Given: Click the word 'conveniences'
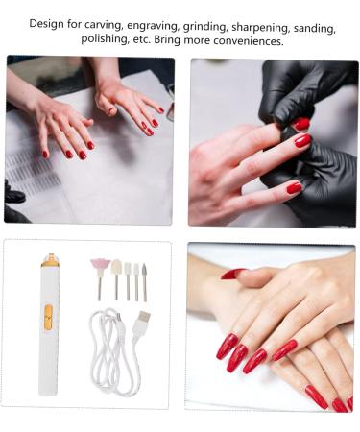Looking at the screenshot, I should (244, 42).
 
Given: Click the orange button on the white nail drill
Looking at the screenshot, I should (48, 312).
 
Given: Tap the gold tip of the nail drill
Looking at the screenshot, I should (49, 260).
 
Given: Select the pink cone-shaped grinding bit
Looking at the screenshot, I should (99, 265).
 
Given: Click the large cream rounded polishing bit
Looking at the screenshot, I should (116, 268).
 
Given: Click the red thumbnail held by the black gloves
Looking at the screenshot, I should (302, 124).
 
